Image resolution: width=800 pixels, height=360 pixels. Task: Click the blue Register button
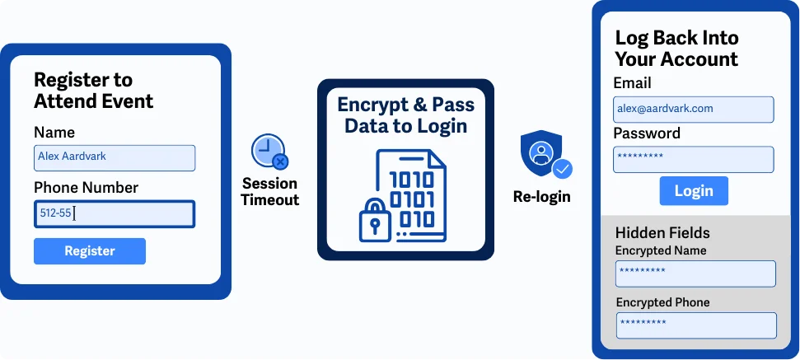pos(90,251)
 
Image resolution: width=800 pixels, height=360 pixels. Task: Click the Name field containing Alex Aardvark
pos(115,157)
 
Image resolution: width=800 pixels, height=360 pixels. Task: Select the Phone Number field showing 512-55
pos(115,214)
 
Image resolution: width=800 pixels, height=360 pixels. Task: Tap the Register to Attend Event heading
pos(93,91)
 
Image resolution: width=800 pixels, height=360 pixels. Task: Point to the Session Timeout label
pos(269,191)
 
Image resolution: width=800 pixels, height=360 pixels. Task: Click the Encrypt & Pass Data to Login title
pos(405,115)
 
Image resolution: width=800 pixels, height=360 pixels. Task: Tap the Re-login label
pos(541,197)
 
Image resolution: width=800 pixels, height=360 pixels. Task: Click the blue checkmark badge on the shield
pos(563,170)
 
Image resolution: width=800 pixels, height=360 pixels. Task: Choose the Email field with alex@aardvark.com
pos(693,109)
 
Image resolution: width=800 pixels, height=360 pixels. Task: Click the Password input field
pos(693,159)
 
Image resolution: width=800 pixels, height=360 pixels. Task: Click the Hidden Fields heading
pos(662,232)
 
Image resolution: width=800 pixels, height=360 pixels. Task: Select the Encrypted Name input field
pos(695,274)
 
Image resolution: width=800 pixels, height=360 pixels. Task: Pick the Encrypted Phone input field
pos(695,325)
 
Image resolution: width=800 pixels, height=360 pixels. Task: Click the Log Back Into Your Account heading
pos(676,49)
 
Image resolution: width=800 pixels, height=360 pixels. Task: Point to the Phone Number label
pos(86,187)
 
